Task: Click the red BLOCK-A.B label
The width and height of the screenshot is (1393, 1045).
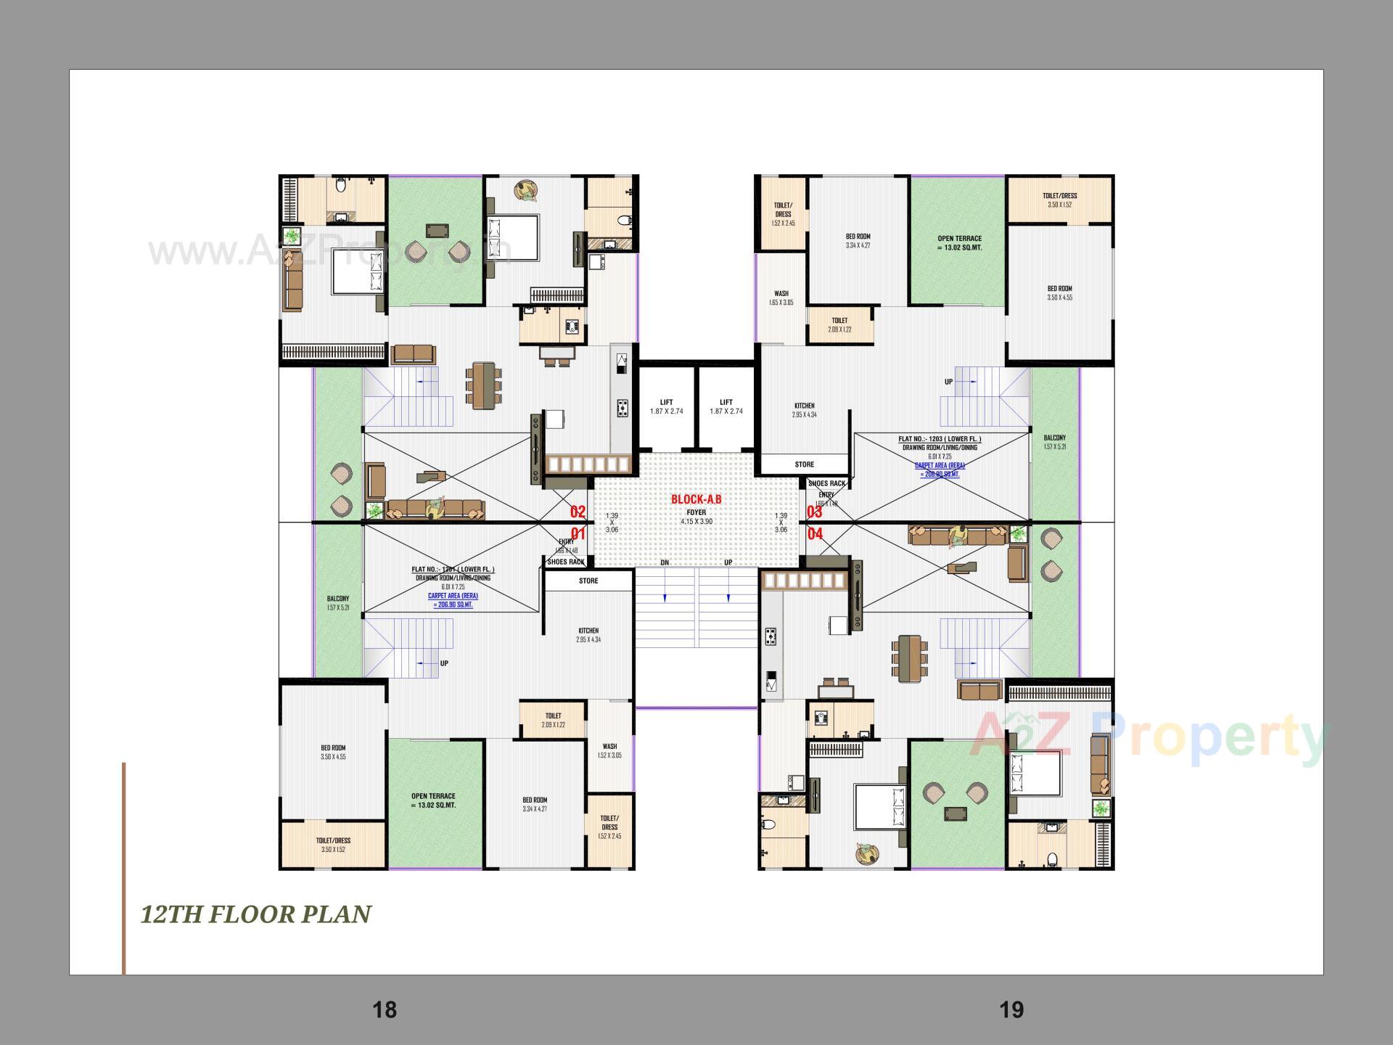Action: click(x=696, y=499)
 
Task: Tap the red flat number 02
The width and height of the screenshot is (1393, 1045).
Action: click(x=578, y=512)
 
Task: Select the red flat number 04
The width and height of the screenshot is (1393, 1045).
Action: click(x=815, y=534)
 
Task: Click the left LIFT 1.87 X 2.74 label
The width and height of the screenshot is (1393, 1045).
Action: click(x=666, y=406)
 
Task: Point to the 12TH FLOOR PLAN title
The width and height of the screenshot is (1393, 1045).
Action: click(x=256, y=914)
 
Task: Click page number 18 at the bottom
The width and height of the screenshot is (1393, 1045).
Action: click(x=385, y=1009)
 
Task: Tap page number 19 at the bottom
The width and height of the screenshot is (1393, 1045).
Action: click(x=1011, y=1009)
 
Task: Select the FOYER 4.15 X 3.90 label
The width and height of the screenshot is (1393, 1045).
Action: click(x=696, y=517)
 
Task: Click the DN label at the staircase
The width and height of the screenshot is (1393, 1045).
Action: click(x=665, y=562)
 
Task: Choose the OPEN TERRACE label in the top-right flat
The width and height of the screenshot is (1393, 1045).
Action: click(x=959, y=242)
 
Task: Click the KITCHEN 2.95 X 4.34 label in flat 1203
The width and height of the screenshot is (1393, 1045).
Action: click(x=804, y=410)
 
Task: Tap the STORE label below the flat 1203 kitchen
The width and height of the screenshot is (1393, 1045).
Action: click(x=804, y=464)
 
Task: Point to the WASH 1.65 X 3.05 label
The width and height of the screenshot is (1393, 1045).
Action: click(x=781, y=298)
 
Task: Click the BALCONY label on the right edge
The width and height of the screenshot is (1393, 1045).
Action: click(x=1054, y=442)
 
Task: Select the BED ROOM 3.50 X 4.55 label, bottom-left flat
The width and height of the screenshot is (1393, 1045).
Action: click(x=333, y=752)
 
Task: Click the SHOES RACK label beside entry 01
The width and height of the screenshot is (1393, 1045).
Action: click(x=566, y=562)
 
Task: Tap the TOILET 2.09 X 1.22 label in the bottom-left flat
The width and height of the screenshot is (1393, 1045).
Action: click(x=553, y=720)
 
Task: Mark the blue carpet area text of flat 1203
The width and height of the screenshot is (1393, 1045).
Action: click(x=940, y=470)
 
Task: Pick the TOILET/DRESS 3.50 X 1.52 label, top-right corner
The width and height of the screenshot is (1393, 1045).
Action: click(x=1059, y=200)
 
